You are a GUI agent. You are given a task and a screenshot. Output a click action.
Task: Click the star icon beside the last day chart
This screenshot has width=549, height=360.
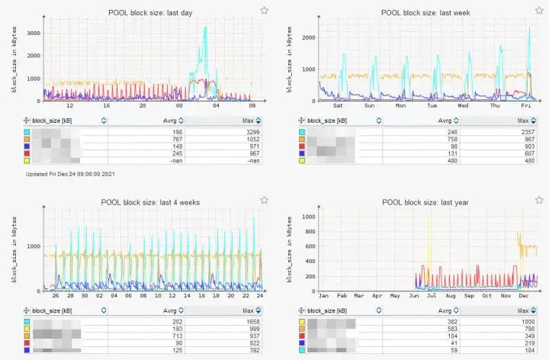264,10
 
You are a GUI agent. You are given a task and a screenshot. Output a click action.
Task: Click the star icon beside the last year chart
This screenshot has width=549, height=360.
538,200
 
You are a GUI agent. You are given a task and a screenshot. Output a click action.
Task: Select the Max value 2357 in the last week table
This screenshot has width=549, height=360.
525,132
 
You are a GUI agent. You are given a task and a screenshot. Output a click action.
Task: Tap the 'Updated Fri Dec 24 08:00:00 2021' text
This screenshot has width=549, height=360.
70,174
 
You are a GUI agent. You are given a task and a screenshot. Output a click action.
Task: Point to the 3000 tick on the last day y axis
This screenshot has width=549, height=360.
33,34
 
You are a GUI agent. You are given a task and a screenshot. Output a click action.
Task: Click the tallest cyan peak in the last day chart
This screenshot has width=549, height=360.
205,28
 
